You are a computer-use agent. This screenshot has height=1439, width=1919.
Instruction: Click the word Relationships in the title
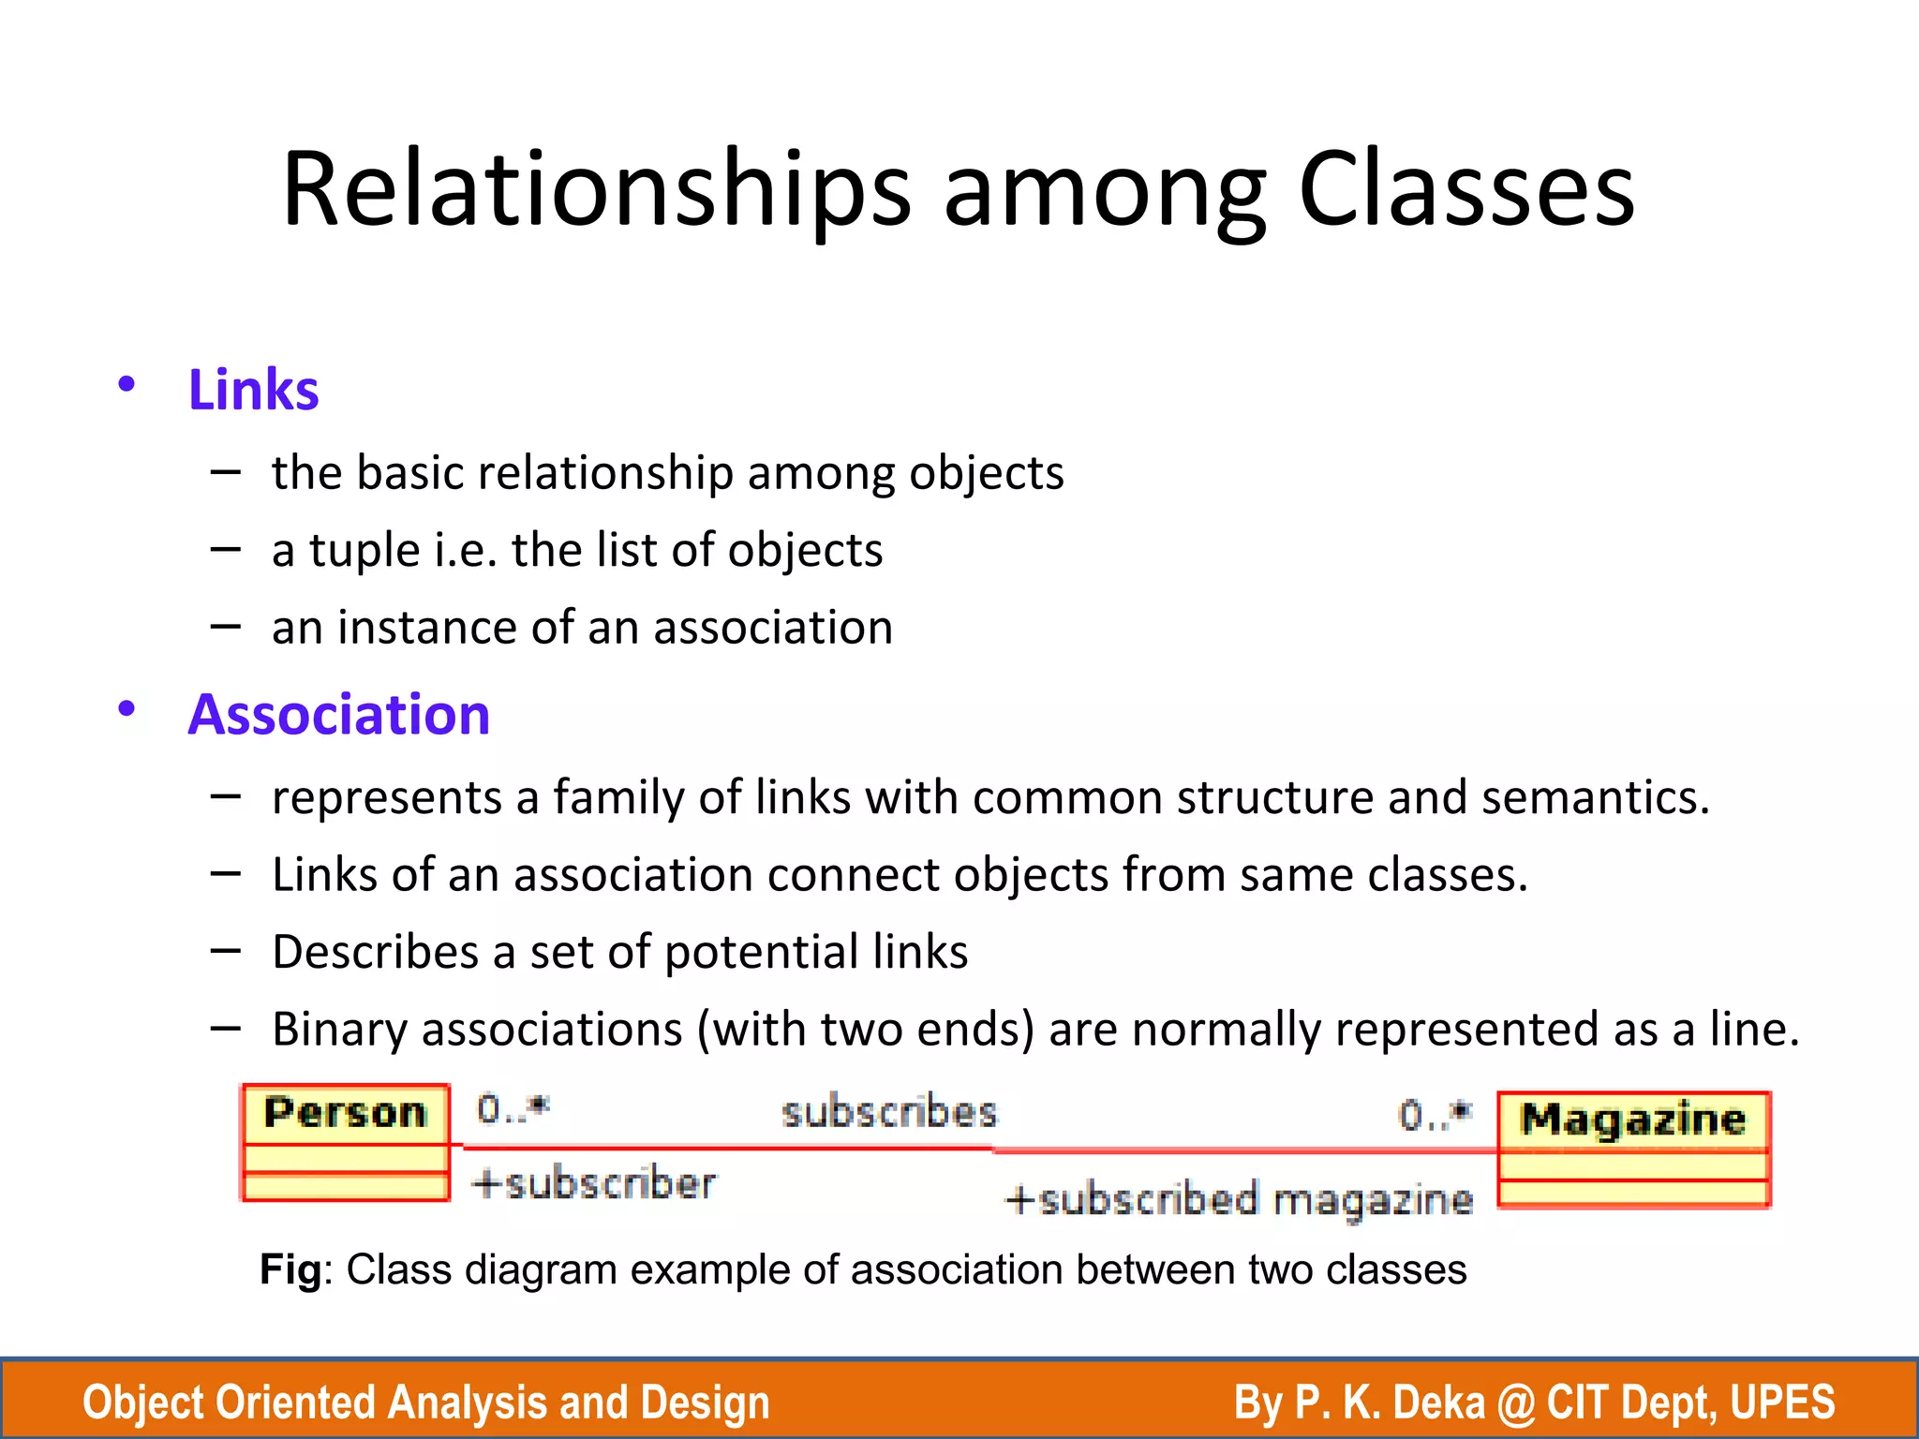[x=596, y=189]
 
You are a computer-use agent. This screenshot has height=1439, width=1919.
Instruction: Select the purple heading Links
[x=253, y=390]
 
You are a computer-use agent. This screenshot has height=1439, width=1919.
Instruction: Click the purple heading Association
[x=338, y=715]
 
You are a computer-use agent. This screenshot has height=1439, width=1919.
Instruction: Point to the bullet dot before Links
[x=126, y=384]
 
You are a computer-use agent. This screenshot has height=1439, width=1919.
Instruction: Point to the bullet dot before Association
[x=126, y=708]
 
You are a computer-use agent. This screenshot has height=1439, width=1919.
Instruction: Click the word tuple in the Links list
[x=364, y=551]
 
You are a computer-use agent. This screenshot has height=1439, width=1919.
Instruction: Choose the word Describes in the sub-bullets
[x=375, y=953]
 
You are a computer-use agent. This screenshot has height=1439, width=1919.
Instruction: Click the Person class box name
[x=345, y=1114]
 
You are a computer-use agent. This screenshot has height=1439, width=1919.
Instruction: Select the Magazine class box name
[x=1633, y=1120]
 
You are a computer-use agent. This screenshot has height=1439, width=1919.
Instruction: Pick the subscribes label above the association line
[x=889, y=1114]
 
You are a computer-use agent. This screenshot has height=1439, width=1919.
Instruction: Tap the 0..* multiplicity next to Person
[x=513, y=1109]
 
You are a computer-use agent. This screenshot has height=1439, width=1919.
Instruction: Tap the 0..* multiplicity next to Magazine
[x=1435, y=1115]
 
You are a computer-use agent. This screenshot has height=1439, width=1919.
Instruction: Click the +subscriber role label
[x=594, y=1183]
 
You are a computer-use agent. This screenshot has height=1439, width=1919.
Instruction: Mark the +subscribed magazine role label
[x=1238, y=1200]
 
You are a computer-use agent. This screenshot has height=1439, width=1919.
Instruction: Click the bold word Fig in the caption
[x=290, y=1271]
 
